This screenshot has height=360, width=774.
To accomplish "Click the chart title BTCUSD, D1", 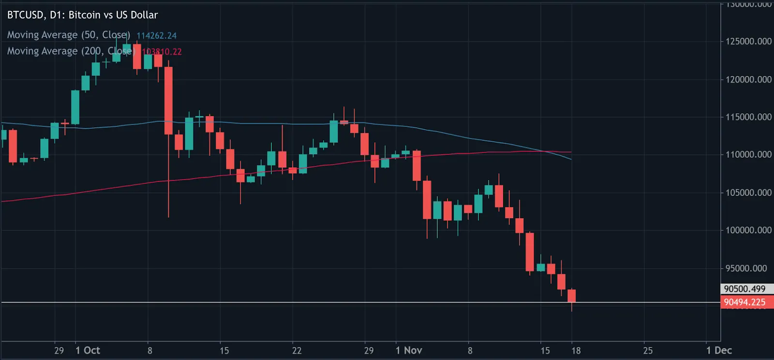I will [x=82, y=15].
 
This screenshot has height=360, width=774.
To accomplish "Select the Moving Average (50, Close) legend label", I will [x=68, y=35].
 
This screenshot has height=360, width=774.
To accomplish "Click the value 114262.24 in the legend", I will [x=156, y=35].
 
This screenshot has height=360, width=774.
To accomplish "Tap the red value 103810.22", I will [x=162, y=51].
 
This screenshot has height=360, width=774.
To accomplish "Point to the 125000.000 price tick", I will [x=748, y=42].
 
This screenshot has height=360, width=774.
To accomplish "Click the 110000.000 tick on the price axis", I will [x=748, y=155].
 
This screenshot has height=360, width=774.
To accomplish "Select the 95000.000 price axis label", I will [x=748, y=268].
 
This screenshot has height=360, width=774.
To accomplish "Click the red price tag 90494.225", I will [x=745, y=302].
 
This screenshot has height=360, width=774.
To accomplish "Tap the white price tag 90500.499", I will [x=745, y=289].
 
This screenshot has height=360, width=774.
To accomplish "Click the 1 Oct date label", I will [x=88, y=350].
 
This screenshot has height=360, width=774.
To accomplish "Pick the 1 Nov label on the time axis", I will [x=409, y=350].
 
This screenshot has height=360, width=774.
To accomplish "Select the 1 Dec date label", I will [x=719, y=350].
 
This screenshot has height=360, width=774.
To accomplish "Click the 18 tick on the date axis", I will [x=576, y=350].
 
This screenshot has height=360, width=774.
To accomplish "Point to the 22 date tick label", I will [x=297, y=350].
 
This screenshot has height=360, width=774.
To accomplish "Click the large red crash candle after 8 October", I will [x=168, y=101].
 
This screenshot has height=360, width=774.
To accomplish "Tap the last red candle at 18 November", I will [x=572, y=296].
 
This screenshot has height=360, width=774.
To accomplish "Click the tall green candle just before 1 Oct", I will [x=75, y=107].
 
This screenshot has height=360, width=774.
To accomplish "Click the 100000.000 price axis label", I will [x=748, y=230].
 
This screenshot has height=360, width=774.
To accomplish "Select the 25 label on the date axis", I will [x=648, y=350].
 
